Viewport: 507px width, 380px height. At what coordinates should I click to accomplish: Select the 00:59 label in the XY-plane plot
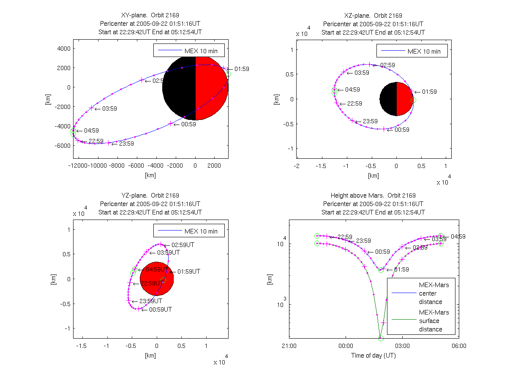(x=188, y=124)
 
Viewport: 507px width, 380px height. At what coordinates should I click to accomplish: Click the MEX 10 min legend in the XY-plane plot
(x=189, y=50)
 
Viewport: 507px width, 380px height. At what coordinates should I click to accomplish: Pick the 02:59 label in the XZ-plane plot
(x=387, y=65)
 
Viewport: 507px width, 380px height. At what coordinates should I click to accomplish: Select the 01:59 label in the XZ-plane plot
(x=429, y=92)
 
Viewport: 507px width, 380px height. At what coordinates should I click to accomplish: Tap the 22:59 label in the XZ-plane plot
(x=354, y=103)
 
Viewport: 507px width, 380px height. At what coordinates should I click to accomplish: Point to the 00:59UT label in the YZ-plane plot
(x=160, y=309)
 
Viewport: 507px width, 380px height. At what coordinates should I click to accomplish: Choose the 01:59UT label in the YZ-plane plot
(x=188, y=271)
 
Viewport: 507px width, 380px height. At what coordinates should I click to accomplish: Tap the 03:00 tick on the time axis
(x=402, y=345)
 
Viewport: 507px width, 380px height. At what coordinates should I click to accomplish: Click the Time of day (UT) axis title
(x=373, y=356)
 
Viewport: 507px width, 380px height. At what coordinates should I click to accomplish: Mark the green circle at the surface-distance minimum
(x=381, y=338)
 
